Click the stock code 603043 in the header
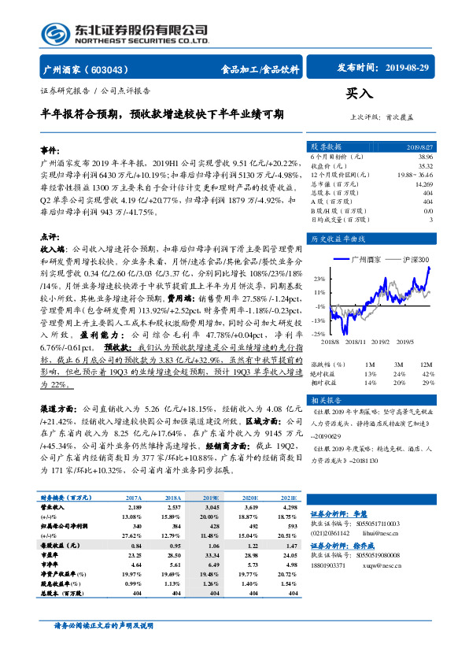113,69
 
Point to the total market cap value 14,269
423,183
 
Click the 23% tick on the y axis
320,279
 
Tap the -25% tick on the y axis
319,334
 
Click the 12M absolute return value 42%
427,373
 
